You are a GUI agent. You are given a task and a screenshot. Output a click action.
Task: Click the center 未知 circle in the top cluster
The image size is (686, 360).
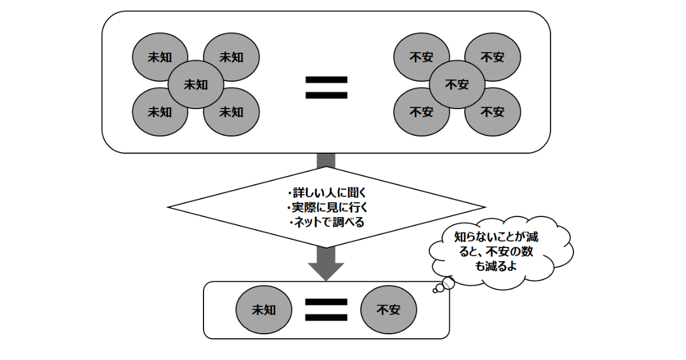(196, 85)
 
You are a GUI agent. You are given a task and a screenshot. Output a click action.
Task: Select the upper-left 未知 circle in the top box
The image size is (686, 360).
(160, 57)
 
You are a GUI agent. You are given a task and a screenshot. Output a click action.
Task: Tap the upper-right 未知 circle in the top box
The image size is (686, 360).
(232, 57)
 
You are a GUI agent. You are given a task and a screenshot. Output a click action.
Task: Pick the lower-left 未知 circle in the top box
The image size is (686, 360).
(160, 112)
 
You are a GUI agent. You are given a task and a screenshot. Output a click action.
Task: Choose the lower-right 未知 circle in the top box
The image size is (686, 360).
(232, 112)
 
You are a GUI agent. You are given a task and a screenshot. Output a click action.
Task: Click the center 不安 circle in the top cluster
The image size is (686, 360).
(457, 85)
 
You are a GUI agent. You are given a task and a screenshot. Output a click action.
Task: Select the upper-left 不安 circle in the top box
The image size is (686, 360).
(421, 57)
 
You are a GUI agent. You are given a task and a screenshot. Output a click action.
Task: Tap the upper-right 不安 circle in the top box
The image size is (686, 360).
(492, 57)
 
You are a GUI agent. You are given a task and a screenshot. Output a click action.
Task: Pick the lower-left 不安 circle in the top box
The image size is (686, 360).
(421, 112)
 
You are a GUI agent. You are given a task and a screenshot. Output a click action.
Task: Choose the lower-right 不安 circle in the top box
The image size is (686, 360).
(492, 112)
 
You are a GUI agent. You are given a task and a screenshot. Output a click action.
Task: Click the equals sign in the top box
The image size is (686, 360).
(326, 87)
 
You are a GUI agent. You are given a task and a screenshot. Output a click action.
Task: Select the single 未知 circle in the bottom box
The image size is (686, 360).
(264, 310)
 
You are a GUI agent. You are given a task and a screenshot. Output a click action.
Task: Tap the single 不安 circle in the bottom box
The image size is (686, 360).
(388, 310)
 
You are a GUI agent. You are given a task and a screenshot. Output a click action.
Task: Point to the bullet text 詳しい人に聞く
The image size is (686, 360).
(326, 193)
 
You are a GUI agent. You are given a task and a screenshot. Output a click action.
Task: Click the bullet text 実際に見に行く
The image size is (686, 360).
(326, 207)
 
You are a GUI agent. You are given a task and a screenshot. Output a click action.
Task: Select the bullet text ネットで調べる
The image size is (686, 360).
(326, 222)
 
